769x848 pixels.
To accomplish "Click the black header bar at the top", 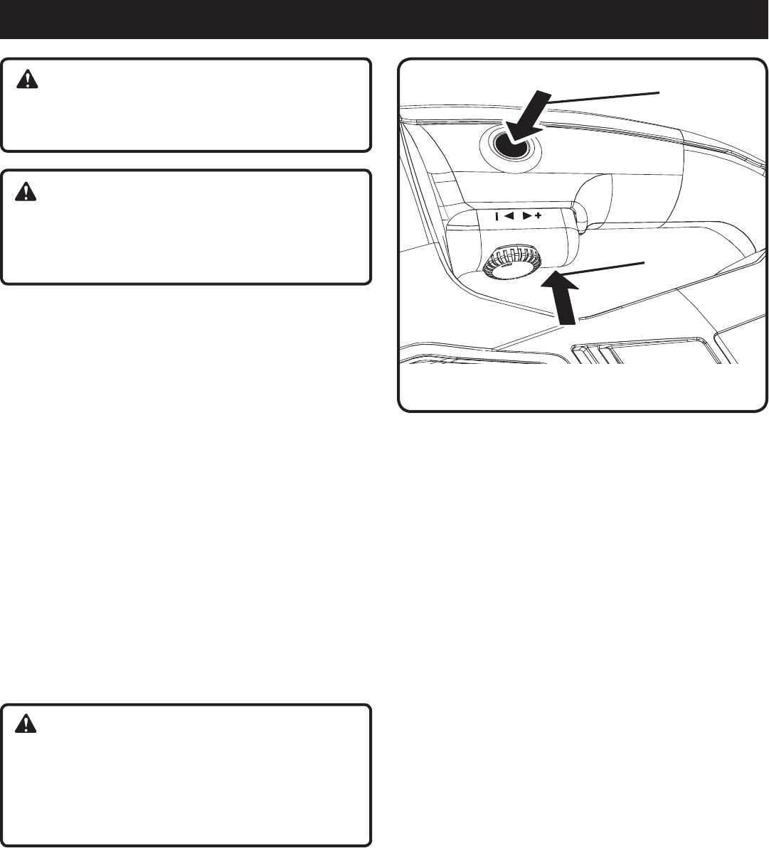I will pos(384,19).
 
